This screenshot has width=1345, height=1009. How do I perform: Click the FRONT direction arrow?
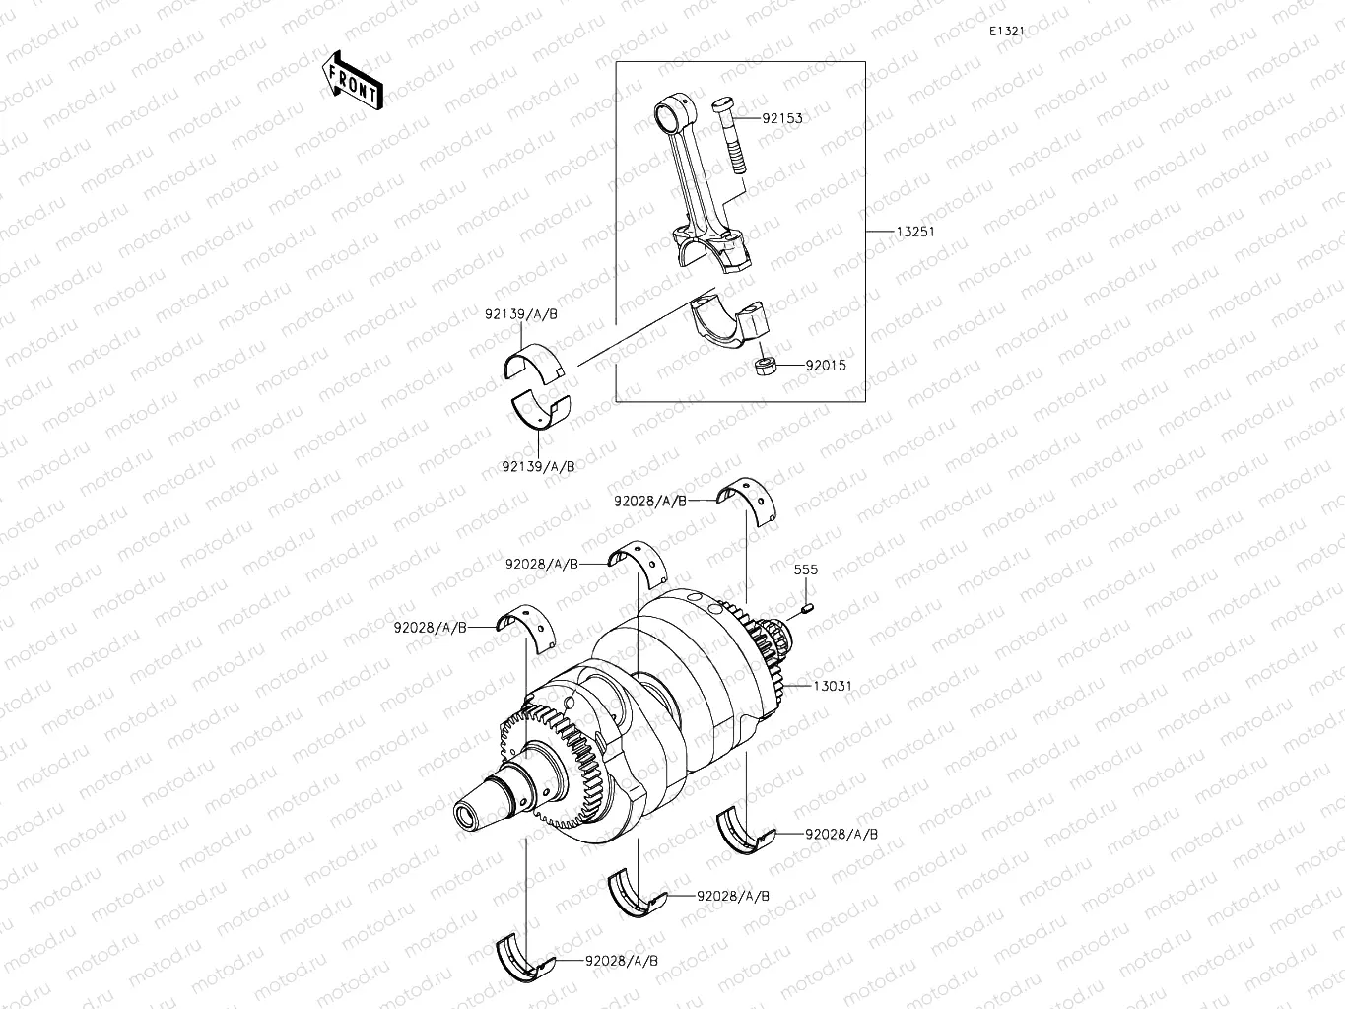pos(351,80)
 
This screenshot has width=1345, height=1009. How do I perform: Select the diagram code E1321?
pos(1007,32)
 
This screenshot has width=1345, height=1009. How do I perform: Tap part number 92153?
pos(781,118)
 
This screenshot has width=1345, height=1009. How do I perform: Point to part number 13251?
pos(914,232)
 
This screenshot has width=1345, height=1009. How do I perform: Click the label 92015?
pos(825,365)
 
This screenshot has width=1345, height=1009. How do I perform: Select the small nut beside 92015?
pos(765,367)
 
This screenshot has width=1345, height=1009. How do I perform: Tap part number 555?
pos(805,570)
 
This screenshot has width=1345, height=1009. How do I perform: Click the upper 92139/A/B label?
pos(520,313)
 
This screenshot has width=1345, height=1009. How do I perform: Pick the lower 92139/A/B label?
pos(537,465)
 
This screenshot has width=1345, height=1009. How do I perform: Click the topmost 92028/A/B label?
pos(650,501)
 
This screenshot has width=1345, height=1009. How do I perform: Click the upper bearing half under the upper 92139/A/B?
pos(532,362)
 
